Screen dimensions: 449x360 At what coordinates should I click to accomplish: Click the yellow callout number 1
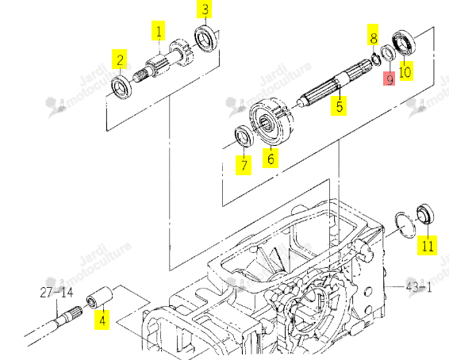159,31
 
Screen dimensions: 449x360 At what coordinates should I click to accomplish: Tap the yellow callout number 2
120,59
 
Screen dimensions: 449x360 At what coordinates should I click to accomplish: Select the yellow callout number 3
204,10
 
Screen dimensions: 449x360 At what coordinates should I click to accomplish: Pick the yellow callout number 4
102,320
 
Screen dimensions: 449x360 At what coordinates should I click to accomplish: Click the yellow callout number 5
339,105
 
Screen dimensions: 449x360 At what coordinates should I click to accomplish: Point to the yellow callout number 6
271,158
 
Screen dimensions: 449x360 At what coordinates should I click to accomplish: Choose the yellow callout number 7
244,165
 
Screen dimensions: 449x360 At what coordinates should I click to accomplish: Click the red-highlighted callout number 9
390,79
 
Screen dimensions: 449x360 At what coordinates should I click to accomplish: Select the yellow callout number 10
405,71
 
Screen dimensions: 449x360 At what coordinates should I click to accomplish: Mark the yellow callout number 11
427,245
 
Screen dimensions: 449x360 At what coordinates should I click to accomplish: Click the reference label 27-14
56,292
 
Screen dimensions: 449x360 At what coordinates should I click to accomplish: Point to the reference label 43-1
418,287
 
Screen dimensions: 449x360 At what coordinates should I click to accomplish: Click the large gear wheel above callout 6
271,121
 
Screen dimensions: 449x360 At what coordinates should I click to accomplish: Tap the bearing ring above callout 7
244,136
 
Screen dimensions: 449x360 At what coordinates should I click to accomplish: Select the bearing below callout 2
121,87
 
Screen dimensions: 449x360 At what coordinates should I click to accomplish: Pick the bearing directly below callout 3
205,38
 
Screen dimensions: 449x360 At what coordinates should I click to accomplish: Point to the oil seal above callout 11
425,214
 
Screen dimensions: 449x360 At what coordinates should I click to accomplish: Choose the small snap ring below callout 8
375,59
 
